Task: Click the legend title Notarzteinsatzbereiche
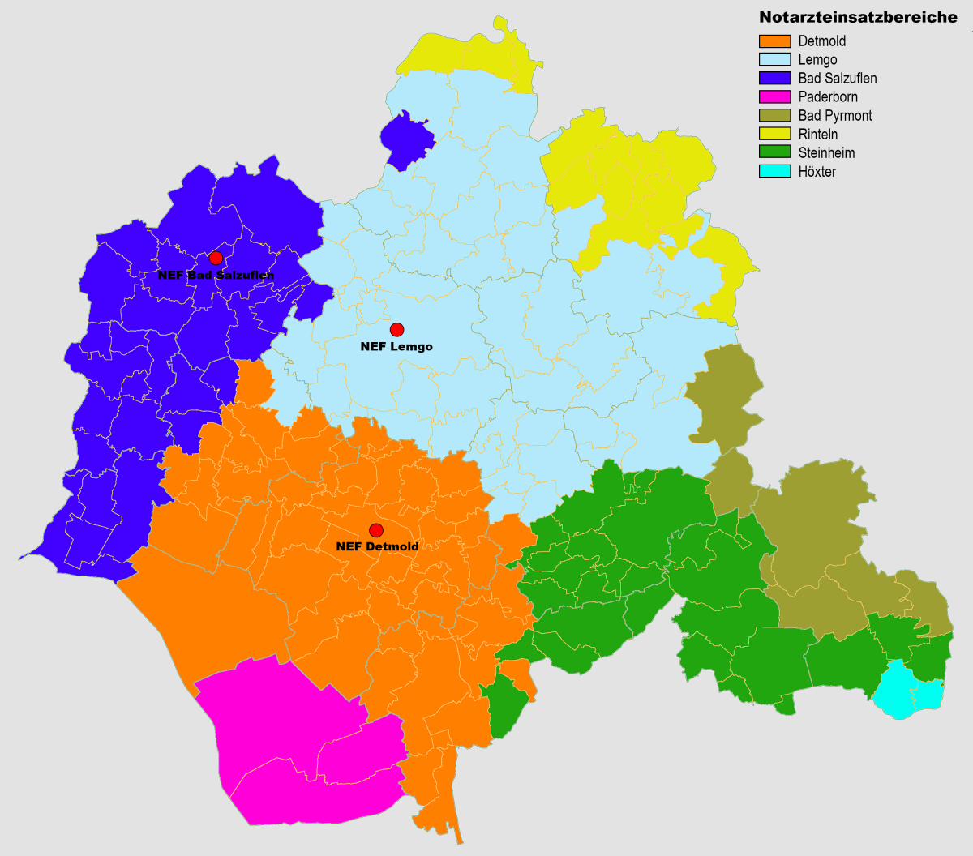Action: pos(858,18)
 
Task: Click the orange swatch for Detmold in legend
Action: pos(774,41)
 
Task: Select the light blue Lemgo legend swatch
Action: pos(774,60)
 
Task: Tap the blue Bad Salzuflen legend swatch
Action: pos(774,79)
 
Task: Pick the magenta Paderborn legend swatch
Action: pos(774,97)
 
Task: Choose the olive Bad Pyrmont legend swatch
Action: pos(774,116)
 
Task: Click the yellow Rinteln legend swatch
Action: pos(774,135)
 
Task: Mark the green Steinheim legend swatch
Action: pos(774,153)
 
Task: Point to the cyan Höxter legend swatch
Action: pos(774,172)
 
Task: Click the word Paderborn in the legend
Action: pos(828,97)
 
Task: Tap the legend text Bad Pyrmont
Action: pos(835,116)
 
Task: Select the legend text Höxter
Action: pos(817,172)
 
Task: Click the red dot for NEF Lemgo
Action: pos(396,329)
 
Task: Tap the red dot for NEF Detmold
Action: pos(376,530)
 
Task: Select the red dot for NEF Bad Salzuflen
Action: pos(216,258)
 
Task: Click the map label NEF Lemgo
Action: pos(396,347)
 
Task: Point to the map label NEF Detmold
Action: pos(377,547)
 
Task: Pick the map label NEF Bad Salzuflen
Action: pos(216,276)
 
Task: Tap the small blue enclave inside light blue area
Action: pos(405,139)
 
